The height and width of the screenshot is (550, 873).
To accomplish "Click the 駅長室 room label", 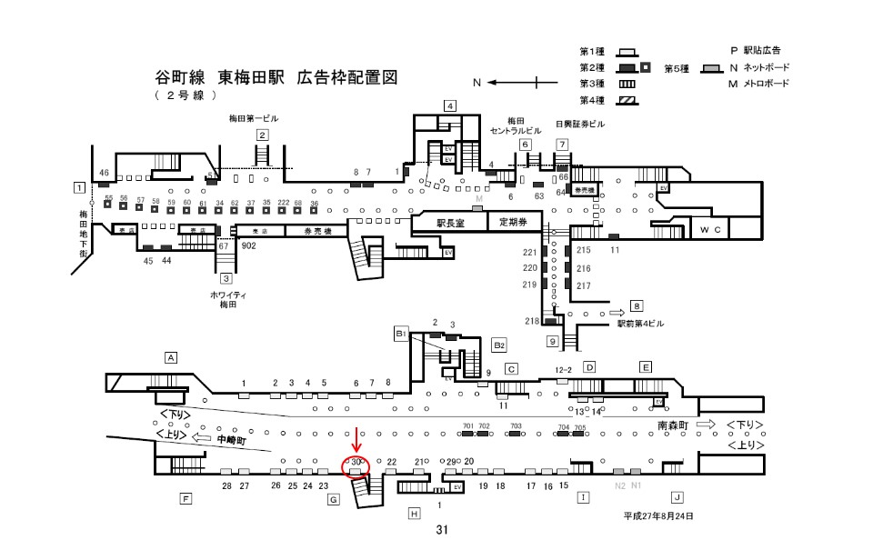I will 449,223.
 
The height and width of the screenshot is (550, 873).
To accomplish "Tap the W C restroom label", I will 710,230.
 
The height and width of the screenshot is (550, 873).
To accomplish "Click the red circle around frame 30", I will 356,465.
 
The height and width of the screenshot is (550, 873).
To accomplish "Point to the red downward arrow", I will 356,440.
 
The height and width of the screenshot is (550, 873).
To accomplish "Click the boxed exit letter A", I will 170,357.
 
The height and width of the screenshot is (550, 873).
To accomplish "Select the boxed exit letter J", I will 677,496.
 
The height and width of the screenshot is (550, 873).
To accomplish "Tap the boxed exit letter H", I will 415,514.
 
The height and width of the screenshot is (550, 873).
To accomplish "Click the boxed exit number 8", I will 637,305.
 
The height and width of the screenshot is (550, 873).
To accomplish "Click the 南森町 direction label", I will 674,425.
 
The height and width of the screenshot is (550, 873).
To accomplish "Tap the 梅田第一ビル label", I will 254,119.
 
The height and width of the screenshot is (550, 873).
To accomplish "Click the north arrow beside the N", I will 522,83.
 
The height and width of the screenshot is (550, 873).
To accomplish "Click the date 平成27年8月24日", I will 657,515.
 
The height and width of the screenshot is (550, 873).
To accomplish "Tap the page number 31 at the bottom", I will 442,530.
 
